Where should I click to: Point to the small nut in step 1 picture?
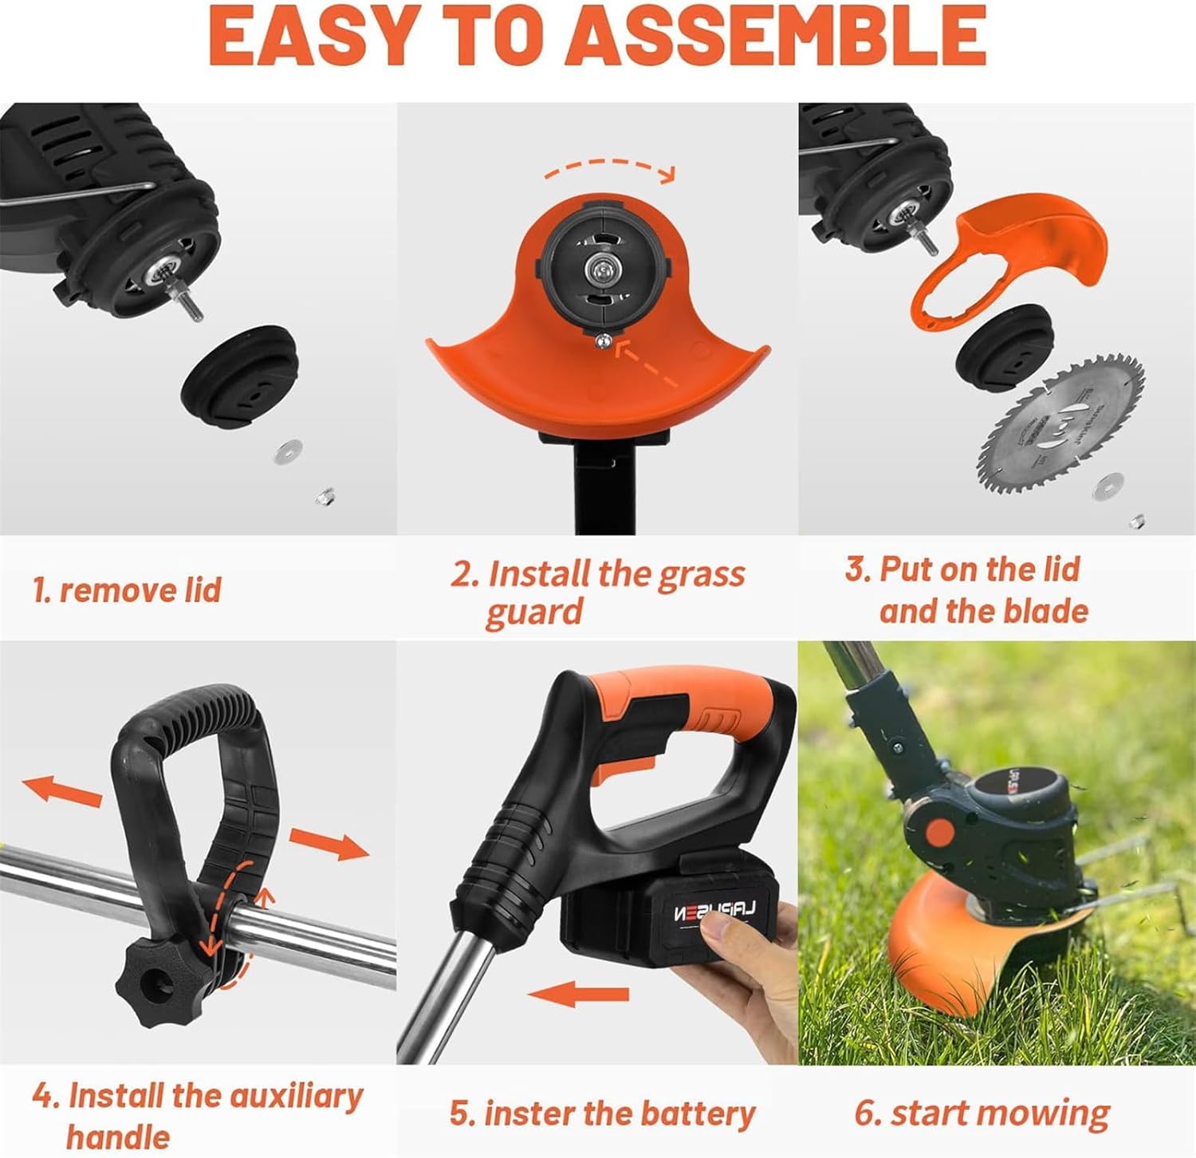pyautogui.click(x=325, y=497)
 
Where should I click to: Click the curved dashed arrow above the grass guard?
pyautogui.click(x=610, y=167)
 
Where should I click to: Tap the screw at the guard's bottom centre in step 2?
pyautogui.click(x=603, y=341)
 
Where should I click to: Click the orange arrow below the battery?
pyautogui.click(x=578, y=994)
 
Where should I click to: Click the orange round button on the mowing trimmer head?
pyautogui.click(x=940, y=833)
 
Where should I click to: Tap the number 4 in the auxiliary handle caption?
pyautogui.click(x=44, y=1096)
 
